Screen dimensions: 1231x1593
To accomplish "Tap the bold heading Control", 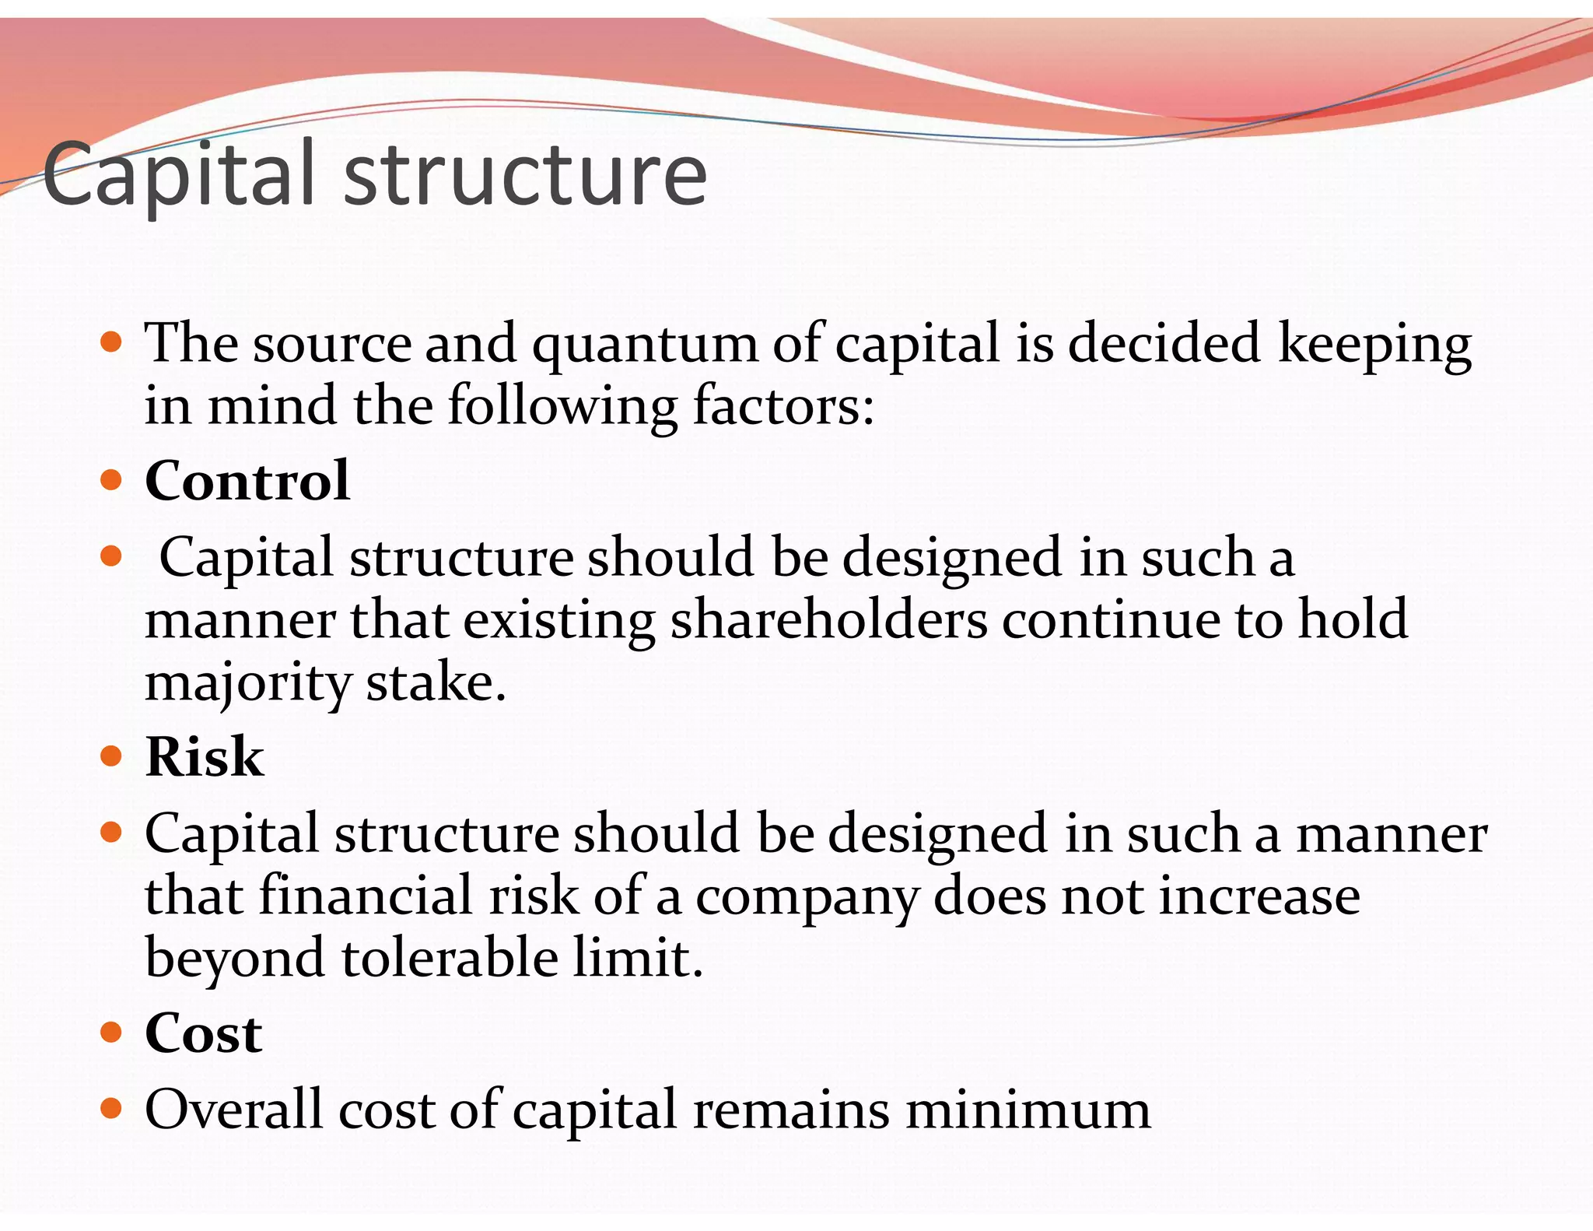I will point(247,480).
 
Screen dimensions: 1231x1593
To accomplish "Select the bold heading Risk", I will point(205,756).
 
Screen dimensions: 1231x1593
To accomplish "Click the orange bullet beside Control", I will point(112,480).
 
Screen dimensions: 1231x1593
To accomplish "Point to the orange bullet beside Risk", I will point(112,756).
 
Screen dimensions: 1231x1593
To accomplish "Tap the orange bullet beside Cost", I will point(112,1033).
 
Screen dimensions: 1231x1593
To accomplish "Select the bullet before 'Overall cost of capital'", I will point(112,1108).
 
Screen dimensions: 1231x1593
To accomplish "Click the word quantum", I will point(645,345).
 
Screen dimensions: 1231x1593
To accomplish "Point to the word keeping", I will point(1375,345).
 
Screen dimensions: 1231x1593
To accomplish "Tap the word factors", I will point(783,406).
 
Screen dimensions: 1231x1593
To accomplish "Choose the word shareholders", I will point(829,620).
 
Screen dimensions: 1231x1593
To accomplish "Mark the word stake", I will point(436,682).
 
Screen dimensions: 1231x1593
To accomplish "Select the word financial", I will point(365,896).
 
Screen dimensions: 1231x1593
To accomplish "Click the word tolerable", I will point(450,958).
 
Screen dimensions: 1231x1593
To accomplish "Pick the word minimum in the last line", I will point(1028,1110).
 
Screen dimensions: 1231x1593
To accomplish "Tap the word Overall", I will point(233,1110).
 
